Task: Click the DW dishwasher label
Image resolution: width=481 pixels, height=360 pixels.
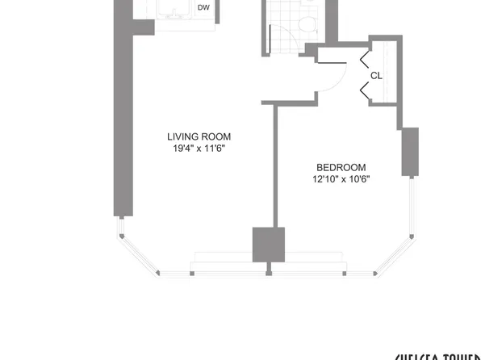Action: pyautogui.click(x=204, y=8)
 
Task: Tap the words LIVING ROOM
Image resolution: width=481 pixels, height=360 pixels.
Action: pyautogui.click(x=193, y=136)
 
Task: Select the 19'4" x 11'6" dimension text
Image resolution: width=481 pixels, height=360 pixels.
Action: pyautogui.click(x=193, y=149)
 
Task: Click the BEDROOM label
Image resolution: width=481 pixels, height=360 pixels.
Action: pyautogui.click(x=341, y=167)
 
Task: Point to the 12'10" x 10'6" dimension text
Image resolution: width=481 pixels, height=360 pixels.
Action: pyautogui.click(x=341, y=179)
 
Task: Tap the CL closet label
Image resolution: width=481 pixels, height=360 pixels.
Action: pyautogui.click(x=376, y=76)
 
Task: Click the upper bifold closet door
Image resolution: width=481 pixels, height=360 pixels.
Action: pyautogui.click(x=364, y=58)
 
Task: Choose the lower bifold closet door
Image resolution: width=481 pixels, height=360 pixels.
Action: pyautogui.click(x=364, y=93)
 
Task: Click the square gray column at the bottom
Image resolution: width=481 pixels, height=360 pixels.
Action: pyautogui.click(x=269, y=244)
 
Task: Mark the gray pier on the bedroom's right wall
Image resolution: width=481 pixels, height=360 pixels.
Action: pyautogui.click(x=410, y=151)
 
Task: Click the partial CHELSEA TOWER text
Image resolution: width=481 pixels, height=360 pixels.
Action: pyautogui.click(x=437, y=355)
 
